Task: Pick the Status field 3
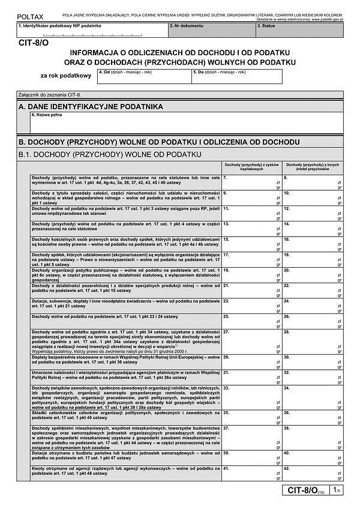pos(299,30)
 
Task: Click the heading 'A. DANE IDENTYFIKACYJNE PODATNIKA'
pos(91,106)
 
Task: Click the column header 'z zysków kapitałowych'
pos(251,167)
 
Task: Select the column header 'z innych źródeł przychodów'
pos(313,167)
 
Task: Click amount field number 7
pos(251,182)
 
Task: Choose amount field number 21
pos(251,289)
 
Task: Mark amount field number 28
pos(313,341)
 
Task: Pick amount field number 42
pos(313,473)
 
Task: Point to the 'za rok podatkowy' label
pos(66,76)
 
